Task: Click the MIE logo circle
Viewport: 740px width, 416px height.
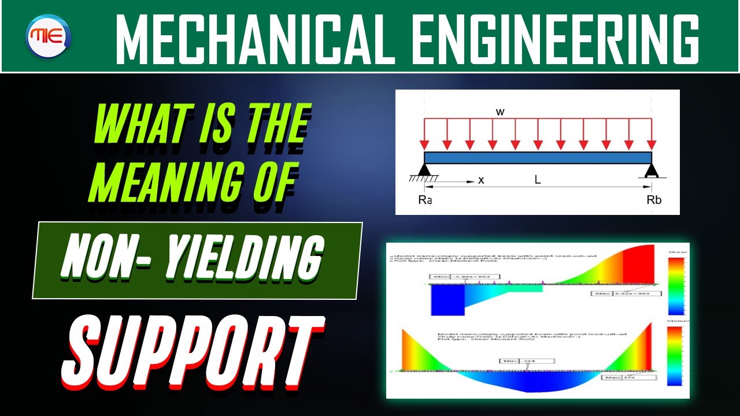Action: [x=48, y=36]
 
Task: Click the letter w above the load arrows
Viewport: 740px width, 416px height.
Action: [x=501, y=112]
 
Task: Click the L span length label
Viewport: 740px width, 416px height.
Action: [x=537, y=180]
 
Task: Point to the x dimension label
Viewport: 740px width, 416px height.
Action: [x=481, y=180]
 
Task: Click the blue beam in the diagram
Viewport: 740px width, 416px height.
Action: [x=538, y=158]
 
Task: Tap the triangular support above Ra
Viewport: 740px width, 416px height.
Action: [x=424, y=169]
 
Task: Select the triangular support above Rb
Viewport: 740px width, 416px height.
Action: [x=652, y=170]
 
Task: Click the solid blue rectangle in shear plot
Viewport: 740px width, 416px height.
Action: [x=447, y=300]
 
